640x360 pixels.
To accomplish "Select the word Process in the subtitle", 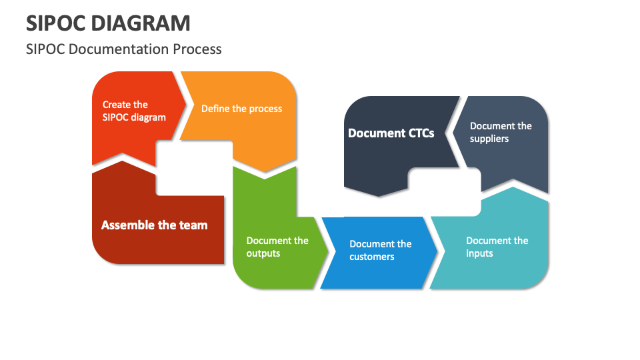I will coord(197,49).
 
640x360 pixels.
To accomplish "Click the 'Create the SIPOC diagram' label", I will coord(133,111).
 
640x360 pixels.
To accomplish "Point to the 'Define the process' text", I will coord(241,109).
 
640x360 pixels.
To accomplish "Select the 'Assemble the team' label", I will coord(154,225).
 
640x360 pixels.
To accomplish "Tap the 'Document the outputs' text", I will coord(277,247).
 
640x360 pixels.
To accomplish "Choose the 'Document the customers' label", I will coord(380,250).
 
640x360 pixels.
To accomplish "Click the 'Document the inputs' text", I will coord(497,247).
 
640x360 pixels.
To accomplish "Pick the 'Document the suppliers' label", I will coord(500,132).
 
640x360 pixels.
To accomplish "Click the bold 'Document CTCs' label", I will coord(391,133).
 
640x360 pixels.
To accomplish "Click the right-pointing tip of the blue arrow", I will coord(437,253).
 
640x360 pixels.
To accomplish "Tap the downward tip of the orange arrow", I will coord(264,177).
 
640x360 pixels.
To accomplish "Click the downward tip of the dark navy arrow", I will coord(379,196).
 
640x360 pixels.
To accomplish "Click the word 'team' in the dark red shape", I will coord(193,225).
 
